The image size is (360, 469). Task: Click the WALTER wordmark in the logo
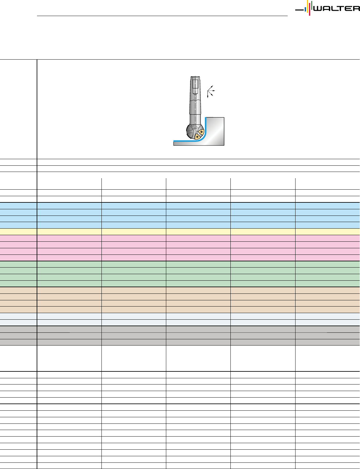[336, 9]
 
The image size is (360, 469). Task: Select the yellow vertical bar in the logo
[308, 6]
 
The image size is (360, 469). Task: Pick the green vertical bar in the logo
[312, 5]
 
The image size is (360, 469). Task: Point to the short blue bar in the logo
[305, 10]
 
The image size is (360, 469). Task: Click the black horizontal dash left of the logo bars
[299, 10]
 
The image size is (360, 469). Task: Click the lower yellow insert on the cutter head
[197, 137]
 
